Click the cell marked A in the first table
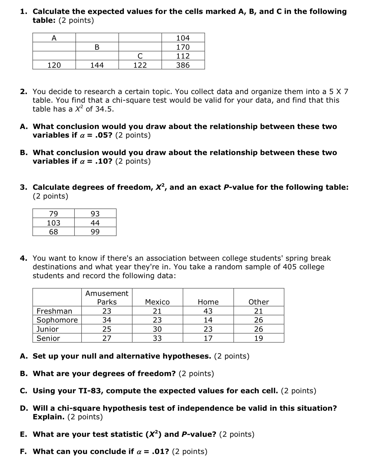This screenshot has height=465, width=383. [x=54, y=38]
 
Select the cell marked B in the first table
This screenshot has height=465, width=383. [x=97, y=47]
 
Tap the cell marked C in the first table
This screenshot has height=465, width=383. [x=140, y=56]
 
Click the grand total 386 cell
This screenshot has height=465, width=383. [x=183, y=65]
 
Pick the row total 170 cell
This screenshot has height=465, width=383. [x=183, y=47]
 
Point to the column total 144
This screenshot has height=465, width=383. [x=97, y=65]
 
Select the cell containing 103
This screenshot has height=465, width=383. [x=53, y=223]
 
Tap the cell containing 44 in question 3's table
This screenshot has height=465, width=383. [x=95, y=223]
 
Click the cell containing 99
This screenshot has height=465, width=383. [x=95, y=232]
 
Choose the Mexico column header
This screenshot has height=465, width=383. [x=157, y=302]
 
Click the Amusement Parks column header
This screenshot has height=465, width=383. [x=107, y=298]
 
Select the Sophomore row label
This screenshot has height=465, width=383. [x=57, y=320]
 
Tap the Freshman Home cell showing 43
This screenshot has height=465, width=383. [x=208, y=311]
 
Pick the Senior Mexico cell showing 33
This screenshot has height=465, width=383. [x=157, y=338]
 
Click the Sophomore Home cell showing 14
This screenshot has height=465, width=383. [x=208, y=320]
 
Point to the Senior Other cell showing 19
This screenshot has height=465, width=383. [x=258, y=338]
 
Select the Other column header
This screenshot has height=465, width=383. [x=258, y=302]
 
